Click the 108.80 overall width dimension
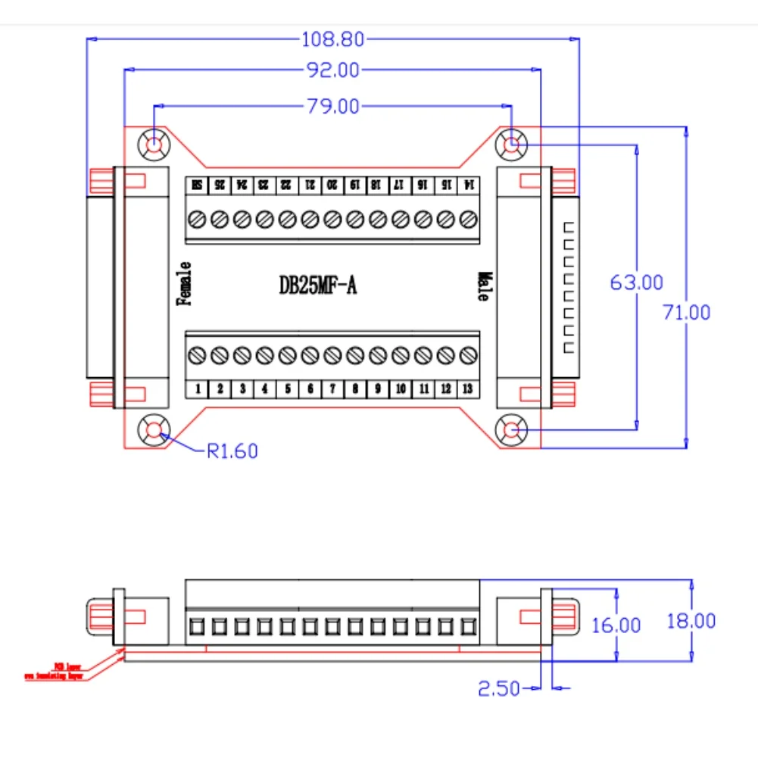[333, 38]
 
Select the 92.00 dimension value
[333, 70]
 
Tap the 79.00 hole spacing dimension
[333, 106]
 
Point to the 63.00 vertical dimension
[636, 282]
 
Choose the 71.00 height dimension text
[686, 311]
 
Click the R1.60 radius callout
[232, 451]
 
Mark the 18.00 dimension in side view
[691, 621]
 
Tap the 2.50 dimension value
[498, 688]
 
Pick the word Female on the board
[183, 283]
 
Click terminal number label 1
[198, 389]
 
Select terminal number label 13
[468, 389]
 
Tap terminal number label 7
[332, 389]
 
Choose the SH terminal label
[197, 184]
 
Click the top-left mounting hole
[154, 143]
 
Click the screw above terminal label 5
[287, 354]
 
